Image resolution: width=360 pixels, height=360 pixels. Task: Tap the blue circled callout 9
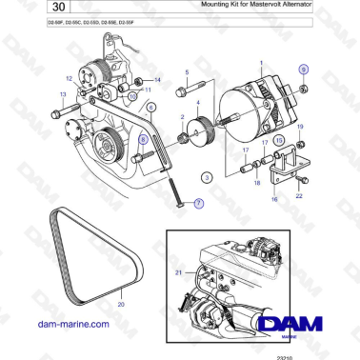click(304, 70)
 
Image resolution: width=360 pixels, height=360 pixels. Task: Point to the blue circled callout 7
click(199, 203)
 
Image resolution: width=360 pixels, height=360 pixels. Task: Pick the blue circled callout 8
click(143, 139)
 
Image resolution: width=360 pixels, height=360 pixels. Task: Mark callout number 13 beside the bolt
click(64, 94)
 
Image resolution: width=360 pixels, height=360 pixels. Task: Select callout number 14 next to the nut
click(158, 79)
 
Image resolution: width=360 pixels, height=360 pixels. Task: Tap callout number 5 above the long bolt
click(187, 72)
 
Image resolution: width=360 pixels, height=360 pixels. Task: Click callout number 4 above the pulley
click(198, 101)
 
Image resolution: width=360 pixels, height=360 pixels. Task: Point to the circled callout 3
click(208, 177)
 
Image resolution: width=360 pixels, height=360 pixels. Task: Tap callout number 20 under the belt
click(121, 304)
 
